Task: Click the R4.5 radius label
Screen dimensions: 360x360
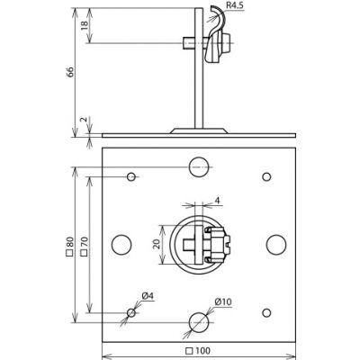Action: coord(234,6)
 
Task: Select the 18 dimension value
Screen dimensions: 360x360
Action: coord(85,25)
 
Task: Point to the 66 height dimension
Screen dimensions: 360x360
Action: coord(70,72)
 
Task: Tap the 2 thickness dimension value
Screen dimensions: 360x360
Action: coord(85,120)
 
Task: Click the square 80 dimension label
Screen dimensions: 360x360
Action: coord(69,247)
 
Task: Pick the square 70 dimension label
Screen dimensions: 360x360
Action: coord(84,247)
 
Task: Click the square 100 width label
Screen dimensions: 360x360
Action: coord(198,350)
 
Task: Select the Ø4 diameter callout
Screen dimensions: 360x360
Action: coord(148,296)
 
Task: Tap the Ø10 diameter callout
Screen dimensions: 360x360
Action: coord(223,301)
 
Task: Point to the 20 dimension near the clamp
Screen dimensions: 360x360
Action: coord(156,245)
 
